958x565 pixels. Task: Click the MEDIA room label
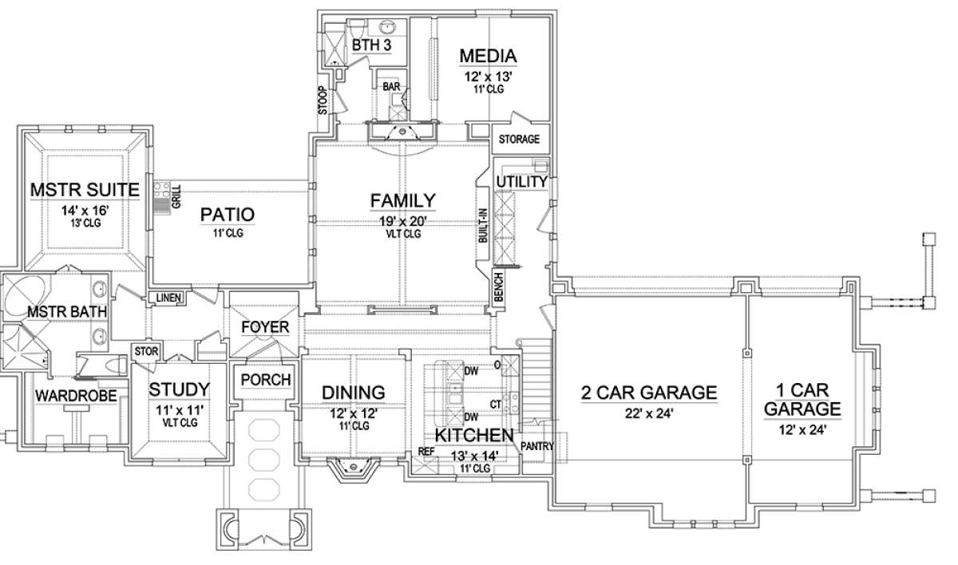click(x=488, y=56)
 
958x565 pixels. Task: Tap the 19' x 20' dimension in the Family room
click(x=403, y=221)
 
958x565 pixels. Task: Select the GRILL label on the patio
click(x=176, y=196)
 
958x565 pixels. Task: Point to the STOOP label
click(x=323, y=101)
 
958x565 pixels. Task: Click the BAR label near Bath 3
click(x=391, y=87)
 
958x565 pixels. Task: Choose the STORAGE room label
click(x=519, y=139)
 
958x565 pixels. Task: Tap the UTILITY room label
click(x=522, y=182)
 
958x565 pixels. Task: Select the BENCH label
click(x=499, y=287)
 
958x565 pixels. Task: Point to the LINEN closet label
click(x=168, y=298)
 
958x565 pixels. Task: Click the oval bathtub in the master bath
click(x=25, y=296)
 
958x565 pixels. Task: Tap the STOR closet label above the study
click(x=146, y=352)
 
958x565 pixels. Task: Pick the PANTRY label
click(x=536, y=446)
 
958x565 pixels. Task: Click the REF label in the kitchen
click(x=426, y=452)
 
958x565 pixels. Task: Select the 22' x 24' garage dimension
click(x=649, y=413)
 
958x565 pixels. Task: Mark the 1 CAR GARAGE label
click(x=802, y=400)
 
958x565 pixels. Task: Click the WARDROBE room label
click(x=76, y=396)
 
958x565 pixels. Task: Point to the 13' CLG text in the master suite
click(x=86, y=223)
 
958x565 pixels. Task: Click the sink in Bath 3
click(x=387, y=27)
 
